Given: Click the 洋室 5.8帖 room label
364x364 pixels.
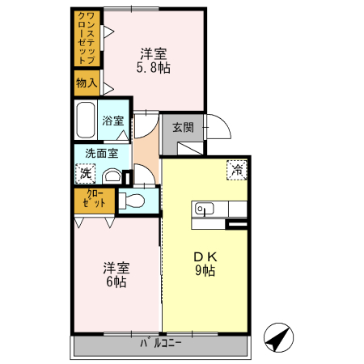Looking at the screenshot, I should pos(154,61).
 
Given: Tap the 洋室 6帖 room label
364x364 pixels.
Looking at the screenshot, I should pos(114,275).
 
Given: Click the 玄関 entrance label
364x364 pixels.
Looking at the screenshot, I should pos(183,126).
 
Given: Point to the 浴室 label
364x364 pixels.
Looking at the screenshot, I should pos(113,121).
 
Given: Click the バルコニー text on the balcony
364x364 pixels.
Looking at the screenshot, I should pos(162,344).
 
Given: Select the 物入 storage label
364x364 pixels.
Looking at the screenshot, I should pos(87,83).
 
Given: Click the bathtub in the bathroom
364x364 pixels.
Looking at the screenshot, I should pos(86,121).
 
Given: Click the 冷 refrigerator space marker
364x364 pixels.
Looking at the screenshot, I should pos(238,170).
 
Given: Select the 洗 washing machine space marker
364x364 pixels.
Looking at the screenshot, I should pos(85,171).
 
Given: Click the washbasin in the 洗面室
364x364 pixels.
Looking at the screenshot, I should pos(112,175).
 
